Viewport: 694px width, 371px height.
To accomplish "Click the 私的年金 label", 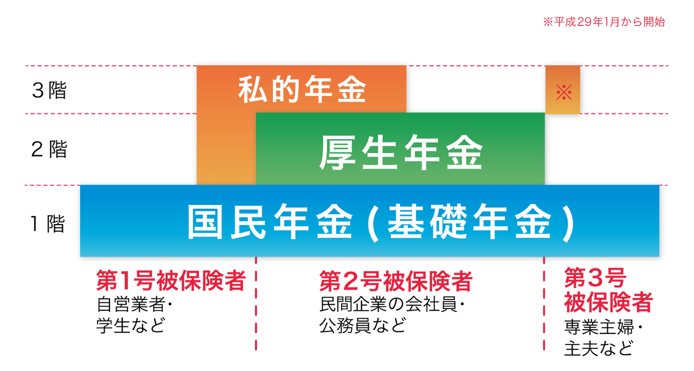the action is click(x=302, y=89).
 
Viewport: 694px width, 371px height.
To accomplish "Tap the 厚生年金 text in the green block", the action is click(x=401, y=152).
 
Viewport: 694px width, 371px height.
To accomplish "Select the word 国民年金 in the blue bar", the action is click(x=269, y=222).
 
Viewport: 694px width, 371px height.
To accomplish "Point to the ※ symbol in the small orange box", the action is click(x=564, y=92).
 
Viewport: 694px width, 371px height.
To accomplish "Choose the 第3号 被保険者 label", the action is click(x=607, y=290).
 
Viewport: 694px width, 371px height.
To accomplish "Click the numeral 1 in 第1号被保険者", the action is click(x=124, y=282).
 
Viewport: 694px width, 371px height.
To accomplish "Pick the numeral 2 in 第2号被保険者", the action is click(x=349, y=282).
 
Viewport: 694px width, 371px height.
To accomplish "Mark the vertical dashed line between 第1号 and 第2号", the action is click(x=256, y=315).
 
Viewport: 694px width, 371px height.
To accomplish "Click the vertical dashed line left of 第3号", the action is click(x=544, y=315).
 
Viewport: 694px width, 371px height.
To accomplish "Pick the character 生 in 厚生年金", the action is click(x=380, y=152).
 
